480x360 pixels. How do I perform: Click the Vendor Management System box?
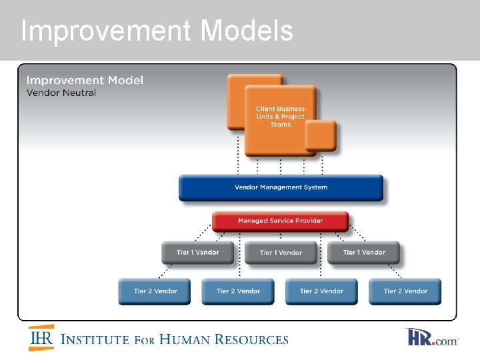(x=281, y=187)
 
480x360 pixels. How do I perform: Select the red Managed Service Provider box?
(x=280, y=221)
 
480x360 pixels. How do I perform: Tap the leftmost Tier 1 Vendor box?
(x=197, y=253)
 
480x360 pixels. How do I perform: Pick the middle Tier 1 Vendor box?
(x=281, y=253)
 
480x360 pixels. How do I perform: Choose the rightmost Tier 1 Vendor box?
(x=364, y=253)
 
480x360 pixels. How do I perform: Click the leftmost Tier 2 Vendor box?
(x=155, y=291)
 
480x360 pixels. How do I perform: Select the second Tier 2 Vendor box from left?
(x=238, y=291)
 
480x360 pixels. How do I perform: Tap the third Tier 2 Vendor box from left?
(x=321, y=291)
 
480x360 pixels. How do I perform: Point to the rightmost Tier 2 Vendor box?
(x=405, y=291)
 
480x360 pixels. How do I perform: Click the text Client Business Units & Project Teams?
(x=280, y=117)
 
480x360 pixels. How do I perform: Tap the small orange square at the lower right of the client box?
(x=321, y=136)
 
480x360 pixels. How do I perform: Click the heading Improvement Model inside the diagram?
(x=85, y=81)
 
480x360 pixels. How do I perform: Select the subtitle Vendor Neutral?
(x=61, y=93)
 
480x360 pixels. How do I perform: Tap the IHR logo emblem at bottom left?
(x=41, y=338)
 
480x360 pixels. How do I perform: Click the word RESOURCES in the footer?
(x=257, y=339)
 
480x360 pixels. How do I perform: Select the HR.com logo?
(x=432, y=337)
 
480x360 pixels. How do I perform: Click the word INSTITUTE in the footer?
(x=95, y=339)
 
